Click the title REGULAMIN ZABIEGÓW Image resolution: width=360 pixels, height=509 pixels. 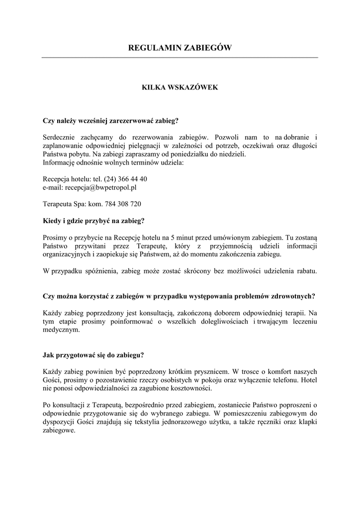point(180,48)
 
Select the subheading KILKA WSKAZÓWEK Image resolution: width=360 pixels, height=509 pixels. point(180,87)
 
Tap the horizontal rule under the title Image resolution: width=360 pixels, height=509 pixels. point(180,58)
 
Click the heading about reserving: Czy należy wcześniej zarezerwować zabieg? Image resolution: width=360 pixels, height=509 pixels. point(111,120)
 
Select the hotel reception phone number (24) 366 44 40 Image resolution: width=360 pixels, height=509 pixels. point(125,179)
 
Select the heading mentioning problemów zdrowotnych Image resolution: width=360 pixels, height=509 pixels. point(179,296)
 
